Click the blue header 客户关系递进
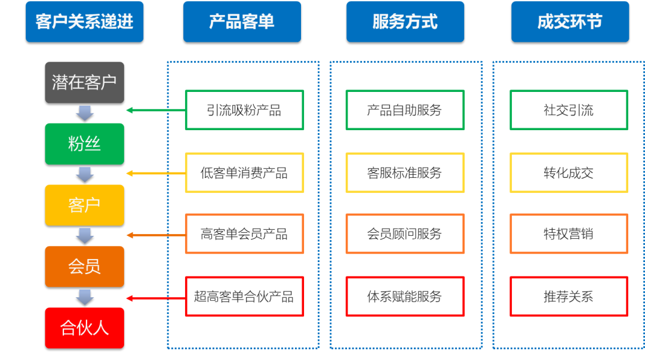[x=84, y=22]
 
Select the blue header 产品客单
[x=242, y=22]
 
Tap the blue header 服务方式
[x=405, y=22]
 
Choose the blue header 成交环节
[x=570, y=22]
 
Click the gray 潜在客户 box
[x=84, y=82]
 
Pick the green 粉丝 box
[x=84, y=144]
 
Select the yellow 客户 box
[x=84, y=205]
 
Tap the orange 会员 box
[x=84, y=266]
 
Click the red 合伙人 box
[x=84, y=328]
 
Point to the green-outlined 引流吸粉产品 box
[x=244, y=110]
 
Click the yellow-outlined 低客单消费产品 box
[x=244, y=173]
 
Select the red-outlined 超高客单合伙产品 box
[x=244, y=296]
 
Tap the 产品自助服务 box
[x=405, y=110]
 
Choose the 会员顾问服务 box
[x=405, y=234]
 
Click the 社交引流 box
[x=569, y=110]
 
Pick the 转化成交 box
[x=569, y=173]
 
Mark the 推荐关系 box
[x=569, y=296]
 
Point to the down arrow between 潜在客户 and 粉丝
[x=85, y=113]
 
